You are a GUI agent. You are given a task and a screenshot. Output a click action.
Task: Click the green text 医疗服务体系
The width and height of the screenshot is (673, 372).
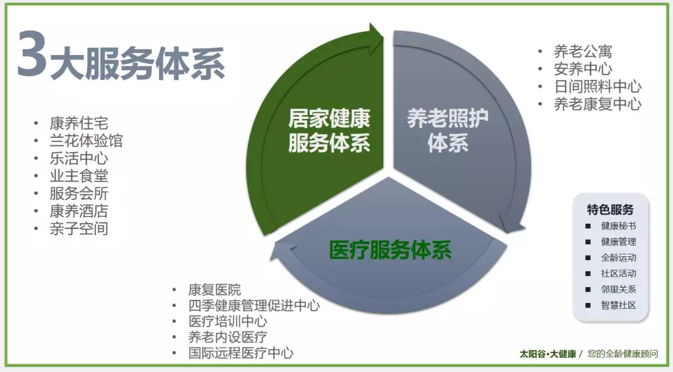pyautogui.click(x=390, y=250)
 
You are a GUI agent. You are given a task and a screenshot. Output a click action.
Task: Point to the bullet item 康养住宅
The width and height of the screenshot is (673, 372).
pyautogui.click(x=79, y=123)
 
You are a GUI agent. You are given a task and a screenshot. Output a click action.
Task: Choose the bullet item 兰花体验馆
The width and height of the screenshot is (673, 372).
pyautogui.click(x=86, y=141)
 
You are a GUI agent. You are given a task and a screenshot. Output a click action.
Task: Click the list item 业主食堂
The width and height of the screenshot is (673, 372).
pyautogui.click(x=79, y=176)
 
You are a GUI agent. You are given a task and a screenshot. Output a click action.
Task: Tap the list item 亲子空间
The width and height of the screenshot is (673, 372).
pyautogui.click(x=79, y=228)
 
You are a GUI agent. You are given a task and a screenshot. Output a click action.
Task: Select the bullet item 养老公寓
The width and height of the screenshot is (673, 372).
pyautogui.click(x=583, y=52)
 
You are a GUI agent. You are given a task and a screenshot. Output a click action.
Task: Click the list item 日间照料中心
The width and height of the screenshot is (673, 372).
pyautogui.click(x=597, y=86)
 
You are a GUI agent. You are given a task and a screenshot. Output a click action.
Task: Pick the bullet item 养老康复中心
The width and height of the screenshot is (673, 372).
pyautogui.click(x=597, y=104)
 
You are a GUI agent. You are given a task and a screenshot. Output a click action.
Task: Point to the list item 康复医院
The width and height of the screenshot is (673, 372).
pyautogui.click(x=214, y=290)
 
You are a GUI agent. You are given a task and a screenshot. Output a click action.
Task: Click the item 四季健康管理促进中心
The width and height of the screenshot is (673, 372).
pyautogui.click(x=253, y=306)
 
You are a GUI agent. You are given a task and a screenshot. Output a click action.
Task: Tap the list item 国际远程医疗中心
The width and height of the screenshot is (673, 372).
pyautogui.click(x=241, y=353)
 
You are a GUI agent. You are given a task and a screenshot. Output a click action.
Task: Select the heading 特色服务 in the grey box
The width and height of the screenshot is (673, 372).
pyautogui.click(x=610, y=210)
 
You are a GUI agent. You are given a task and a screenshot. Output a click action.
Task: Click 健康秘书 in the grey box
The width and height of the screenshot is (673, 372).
pyautogui.click(x=618, y=226)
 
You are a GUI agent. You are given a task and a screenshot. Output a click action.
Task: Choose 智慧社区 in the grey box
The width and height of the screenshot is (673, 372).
pyautogui.click(x=618, y=306)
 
